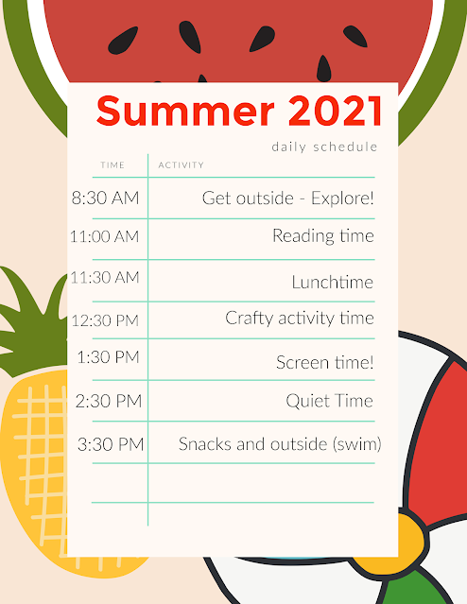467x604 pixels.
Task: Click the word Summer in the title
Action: (x=185, y=111)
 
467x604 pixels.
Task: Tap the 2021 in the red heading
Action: (x=335, y=111)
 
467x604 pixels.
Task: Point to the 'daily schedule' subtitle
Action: (x=324, y=147)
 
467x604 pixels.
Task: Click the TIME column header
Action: (x=112, y=165)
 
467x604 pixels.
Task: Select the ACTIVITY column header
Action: (x=182, y=165)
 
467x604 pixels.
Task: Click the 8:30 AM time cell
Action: (x=105, y=198)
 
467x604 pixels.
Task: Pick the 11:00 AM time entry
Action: (x=104, y=236)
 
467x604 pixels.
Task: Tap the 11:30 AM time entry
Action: (x=104, y=277)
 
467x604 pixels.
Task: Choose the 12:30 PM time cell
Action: (x=105, y=320)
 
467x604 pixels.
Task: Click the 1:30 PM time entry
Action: (x=109, y=357)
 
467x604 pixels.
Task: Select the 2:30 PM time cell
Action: (x=109, y=401)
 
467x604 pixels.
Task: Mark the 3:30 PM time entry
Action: (x=111, y=444)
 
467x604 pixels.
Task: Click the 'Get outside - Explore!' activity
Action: (x=287, y=198)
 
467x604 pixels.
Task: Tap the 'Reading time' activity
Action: (x=323, y=236)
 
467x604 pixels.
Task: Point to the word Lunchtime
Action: (x=333, y=282)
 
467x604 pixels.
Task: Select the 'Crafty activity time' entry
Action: (x=300, y=319)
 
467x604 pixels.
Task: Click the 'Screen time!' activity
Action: (x=325, y=362)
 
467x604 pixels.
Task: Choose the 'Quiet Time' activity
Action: (x=329, y=401)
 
